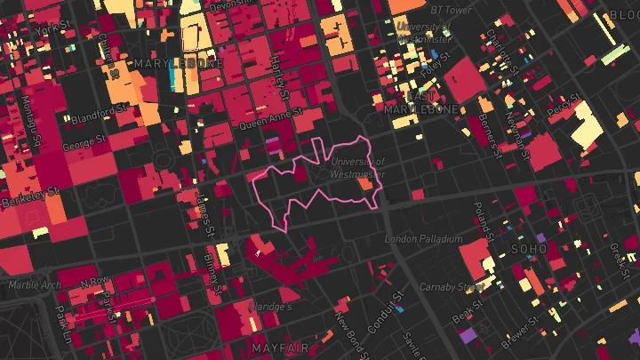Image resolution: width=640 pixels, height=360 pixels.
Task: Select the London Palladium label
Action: click(424, 239)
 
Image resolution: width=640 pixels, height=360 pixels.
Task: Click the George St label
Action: click(85, 142)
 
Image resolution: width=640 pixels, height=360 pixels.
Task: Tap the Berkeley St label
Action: click(29, 196)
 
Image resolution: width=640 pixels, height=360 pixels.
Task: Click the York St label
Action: click(45, 28)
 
